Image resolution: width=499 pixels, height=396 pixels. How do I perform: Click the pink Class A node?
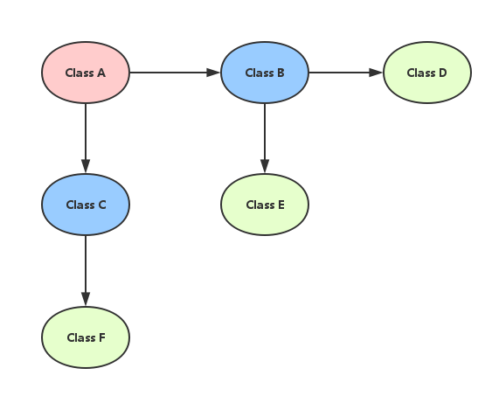pyautogui.click(x=86, y=73)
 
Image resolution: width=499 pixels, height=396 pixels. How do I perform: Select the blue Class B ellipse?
pyautogui.click(x=265, y=73)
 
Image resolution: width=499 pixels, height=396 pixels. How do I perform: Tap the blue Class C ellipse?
pyautogui.click(x=86, y=205)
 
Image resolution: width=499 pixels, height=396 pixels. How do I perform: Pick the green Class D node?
pyautogui.click(x=427, y=73)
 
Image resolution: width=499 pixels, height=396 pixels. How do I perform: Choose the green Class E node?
pyautogui.click(x=265, y=205)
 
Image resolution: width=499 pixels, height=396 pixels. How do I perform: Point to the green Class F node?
pyautogui.click(x=86, y=337)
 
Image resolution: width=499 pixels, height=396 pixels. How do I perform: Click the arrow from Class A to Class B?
pyautogui.click(x=175, y=73)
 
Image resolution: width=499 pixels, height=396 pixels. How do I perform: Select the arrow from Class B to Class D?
pyautogui.click(x=346, y=73)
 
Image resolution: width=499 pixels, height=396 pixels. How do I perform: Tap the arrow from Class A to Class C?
pyautogui.click(x=86, y=138)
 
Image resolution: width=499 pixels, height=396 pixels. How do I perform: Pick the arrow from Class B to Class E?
pyautogui.click(x=265, y=138)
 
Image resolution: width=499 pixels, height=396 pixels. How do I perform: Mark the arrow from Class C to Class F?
pyautogui.click(x=86, y=271)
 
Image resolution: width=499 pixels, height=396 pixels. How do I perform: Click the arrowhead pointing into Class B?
pyautogui.click(x=213, y=73)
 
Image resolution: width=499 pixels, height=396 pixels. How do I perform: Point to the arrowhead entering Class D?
pyautogui.click(x=376, y=73)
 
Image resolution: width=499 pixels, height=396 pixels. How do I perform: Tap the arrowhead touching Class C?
pyautogui.click(x=86, y=166)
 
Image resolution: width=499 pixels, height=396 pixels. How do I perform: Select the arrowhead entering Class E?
pyautogui.click(x=265, y=166)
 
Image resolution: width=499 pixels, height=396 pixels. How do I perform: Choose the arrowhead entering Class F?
pyautogui.click(x=86, y=299)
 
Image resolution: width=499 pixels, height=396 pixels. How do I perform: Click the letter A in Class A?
pyautogui.click(x=101, y=73)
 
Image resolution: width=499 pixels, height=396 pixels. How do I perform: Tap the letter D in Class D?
pyautogui.click(x=443, y=73)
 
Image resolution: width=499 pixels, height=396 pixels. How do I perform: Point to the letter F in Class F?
pyautogui.click(x=102, y=337)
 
